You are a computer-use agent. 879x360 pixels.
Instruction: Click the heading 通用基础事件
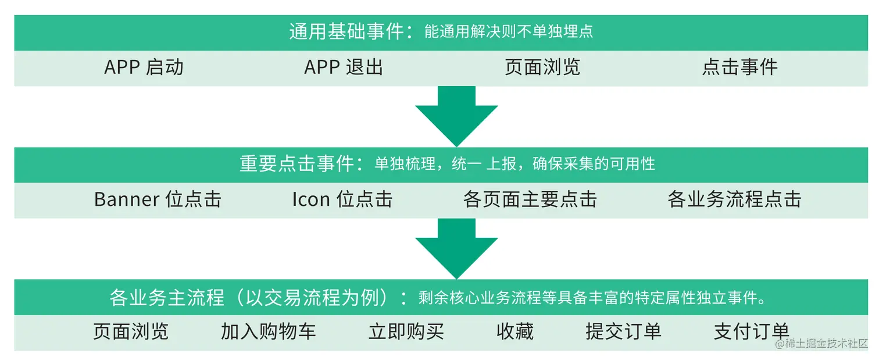(346, 31)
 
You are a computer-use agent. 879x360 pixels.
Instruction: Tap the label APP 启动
(144, 67)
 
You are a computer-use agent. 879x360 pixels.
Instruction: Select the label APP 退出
(344, 67)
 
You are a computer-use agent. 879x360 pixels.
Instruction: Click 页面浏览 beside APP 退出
(542, 67)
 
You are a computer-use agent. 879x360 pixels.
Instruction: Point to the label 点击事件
(739, 67)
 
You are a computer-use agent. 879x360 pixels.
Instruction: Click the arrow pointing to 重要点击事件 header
(456, 117)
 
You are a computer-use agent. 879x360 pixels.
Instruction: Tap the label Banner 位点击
(158, 199)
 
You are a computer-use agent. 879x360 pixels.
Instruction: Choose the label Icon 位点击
(342, 199)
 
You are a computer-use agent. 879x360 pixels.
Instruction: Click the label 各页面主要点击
(530, 199)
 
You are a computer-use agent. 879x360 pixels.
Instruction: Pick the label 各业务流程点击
(734, 199)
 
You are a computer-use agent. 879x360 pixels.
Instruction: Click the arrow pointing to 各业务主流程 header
(456, 249)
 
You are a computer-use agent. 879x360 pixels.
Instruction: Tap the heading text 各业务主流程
(167, 298)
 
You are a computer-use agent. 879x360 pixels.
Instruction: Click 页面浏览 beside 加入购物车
(130, 332)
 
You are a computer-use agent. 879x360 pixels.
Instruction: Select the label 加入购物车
(268, 332)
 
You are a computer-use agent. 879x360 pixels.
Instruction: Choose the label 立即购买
(406, 332)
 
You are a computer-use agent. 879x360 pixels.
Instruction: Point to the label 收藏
(514, 332)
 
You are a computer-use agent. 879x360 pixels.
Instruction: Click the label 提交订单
(623, 332)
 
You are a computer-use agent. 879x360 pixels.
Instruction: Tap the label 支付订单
(751, 332)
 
